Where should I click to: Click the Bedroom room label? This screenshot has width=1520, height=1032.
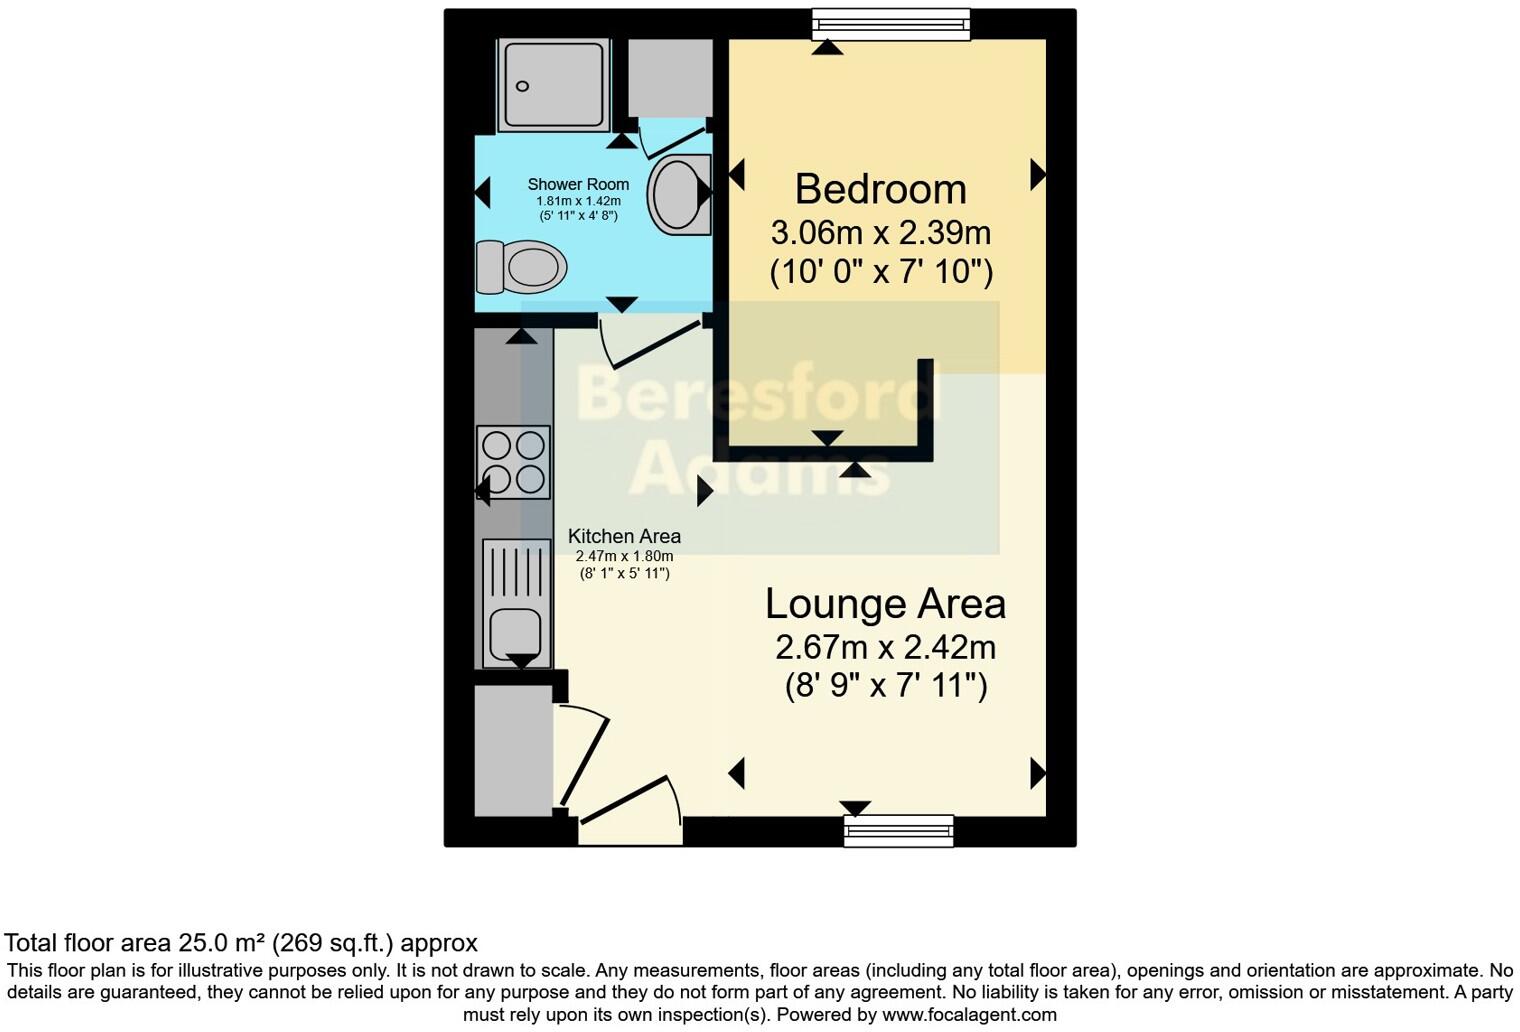point(880,189)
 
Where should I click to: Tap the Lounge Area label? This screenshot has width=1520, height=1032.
point(885,604)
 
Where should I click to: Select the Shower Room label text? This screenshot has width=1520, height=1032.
point(578,184)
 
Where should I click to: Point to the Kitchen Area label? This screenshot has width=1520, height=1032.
point(624,536)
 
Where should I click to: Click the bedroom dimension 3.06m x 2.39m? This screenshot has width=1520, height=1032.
point(880,233)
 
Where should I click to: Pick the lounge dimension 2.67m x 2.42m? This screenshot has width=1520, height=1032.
point(885,648)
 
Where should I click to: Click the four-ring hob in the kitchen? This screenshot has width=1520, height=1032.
point(514,461)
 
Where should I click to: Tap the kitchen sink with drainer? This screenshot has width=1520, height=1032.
point(516,604)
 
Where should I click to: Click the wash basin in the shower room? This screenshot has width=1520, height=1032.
point(678,193)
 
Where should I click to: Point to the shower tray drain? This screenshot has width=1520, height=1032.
point(522,87)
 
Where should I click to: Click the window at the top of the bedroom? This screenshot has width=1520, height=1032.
point(890,24)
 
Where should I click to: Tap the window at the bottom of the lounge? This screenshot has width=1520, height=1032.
point(898,830)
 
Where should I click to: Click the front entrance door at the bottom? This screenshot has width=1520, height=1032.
point(630,800)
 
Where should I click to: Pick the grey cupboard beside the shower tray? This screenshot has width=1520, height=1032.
point(670,77)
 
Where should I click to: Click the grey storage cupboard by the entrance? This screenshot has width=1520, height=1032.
point(513,750)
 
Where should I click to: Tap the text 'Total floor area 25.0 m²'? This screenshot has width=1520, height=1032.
point(130,943)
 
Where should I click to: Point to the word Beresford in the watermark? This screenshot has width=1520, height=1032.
point(756,395)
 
